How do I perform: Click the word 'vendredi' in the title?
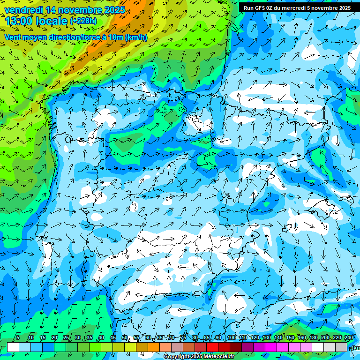[22, 10]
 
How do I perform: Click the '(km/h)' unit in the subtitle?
[136, 37]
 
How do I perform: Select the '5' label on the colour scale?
[18, 338]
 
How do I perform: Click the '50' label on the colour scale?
[125, 338]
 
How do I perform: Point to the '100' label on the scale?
[232, 338]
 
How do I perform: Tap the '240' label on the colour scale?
[349, 338]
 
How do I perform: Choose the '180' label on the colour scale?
[314, 338]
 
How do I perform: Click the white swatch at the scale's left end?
[13, 347]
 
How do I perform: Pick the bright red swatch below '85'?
[212, 347]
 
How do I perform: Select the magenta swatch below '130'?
[271, 347]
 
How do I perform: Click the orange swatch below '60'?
[154, 347]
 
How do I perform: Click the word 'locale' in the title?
[52, 21]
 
